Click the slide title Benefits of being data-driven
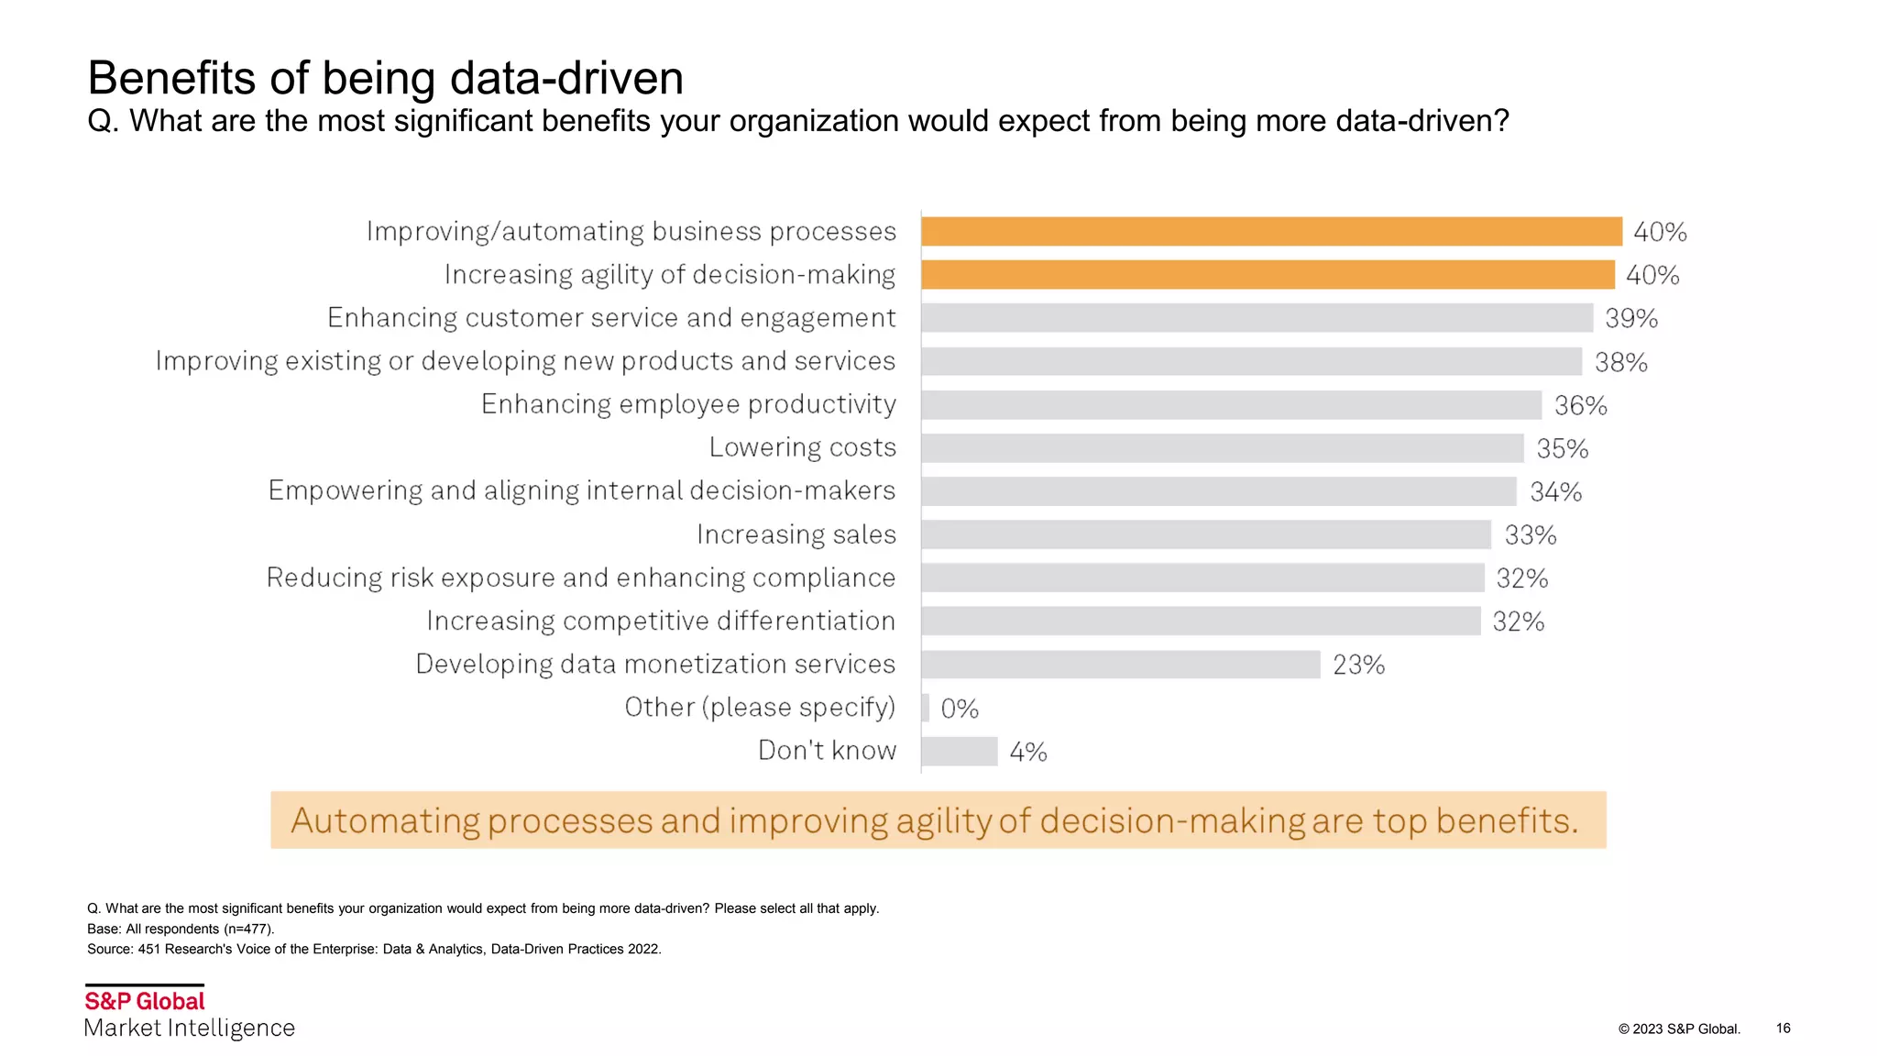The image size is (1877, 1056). pos(385,78)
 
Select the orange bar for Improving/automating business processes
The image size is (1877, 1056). pos(1271,231)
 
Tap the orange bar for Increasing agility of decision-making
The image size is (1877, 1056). pos(1268,275)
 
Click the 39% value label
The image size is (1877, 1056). pos(1631,318)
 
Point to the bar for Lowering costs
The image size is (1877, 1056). pos(1222,448)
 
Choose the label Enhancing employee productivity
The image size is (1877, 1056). pos(688,404)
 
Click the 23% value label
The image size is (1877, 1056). pos(1358,665)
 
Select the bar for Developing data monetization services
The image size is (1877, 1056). pos(1120,665)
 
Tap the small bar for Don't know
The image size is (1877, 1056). pos(959,752)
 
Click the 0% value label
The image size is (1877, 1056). pos(960,709)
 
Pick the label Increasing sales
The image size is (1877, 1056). pos(796,534)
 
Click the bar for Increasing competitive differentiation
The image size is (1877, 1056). pos(1201,621)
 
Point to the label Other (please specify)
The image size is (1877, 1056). pos(760,708)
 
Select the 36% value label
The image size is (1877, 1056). pos(1581,405)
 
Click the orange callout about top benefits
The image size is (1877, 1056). pos(938,820)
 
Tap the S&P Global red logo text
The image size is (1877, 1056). pos(145,1001)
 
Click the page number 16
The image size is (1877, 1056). pos(1783,1028)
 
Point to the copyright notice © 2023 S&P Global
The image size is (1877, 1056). pos(1678,1028)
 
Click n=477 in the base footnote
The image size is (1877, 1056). pos(247,929)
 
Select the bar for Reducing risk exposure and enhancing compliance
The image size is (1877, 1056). pos(1202,578)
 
